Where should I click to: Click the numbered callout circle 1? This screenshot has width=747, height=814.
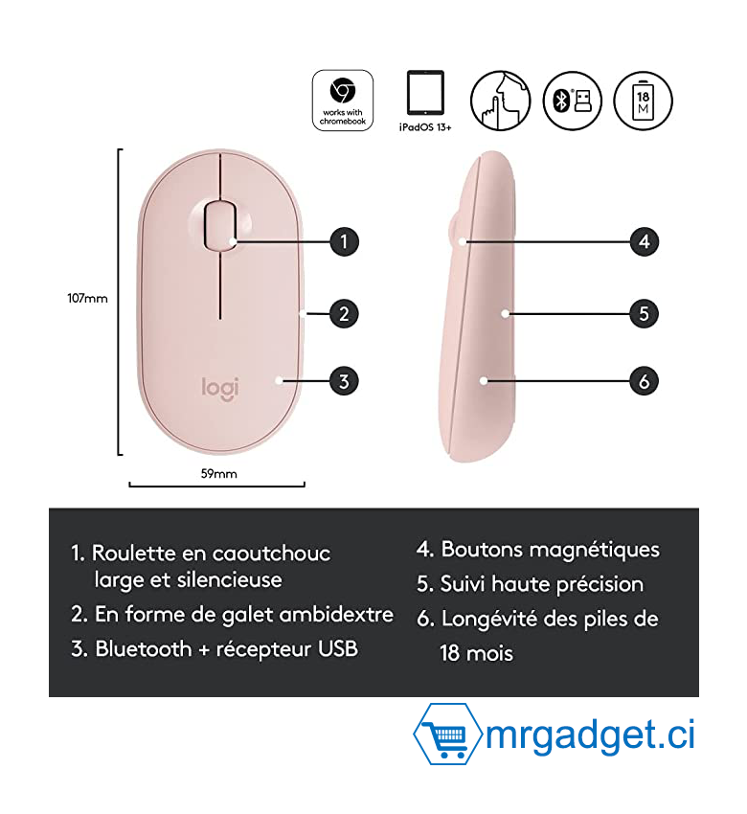(x=344, y=241)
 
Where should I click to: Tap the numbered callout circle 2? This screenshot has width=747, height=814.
(x=344, y=313)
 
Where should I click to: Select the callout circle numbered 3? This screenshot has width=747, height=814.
(x=344, y=381)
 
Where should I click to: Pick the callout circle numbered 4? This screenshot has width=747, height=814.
(x=645, y=241)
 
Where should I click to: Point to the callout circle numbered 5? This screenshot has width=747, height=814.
(x=645, y=313)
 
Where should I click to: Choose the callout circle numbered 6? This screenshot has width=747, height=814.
(x=645, y=381)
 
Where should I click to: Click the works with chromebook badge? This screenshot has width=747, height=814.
(x=343, y=101)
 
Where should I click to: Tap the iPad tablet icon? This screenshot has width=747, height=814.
(x=425, y=92)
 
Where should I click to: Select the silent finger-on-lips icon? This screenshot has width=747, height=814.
(x=500, y=101)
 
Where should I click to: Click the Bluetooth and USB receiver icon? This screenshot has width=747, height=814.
(x=572, y=101)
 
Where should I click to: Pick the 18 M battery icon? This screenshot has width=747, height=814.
(x=643, y=101)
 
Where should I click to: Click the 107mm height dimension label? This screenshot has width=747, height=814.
(x=87, y=299)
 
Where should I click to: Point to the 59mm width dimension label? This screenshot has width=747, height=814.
(x=219, y=473)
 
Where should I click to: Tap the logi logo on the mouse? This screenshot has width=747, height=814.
(x=220, y=389)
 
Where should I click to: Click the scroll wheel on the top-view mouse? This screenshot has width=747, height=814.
(x=220, y=226)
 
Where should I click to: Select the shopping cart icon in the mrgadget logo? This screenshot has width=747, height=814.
(x=446, y=735)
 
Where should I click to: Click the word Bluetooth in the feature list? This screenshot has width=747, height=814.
(x=144, y=649)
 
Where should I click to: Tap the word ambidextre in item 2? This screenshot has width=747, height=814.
(x=336, y=615)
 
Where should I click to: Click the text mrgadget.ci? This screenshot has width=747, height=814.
(x=590, y=735)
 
